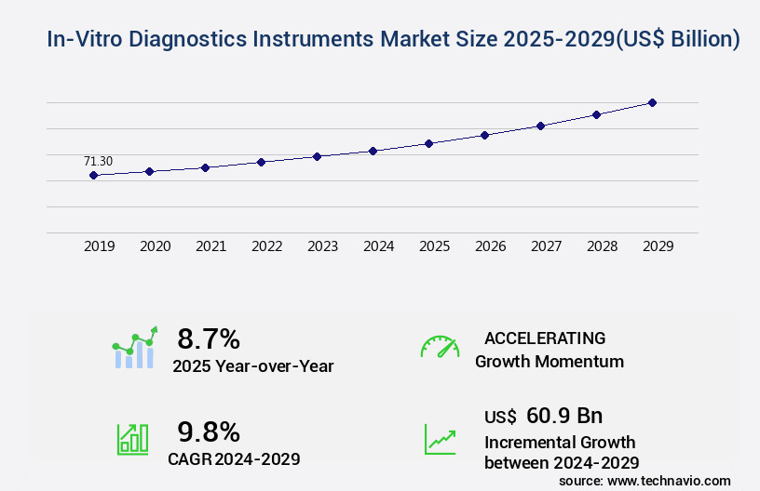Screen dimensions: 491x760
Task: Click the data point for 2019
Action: (93, 175)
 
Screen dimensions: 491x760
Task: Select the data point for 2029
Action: (652, 102)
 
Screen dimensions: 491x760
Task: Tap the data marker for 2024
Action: (373, 151)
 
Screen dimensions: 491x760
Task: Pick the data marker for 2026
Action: (484, 135)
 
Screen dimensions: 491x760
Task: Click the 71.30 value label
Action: (98, 161)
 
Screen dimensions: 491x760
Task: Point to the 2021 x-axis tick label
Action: (210, 246)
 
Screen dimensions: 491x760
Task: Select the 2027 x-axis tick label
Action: (546, 246)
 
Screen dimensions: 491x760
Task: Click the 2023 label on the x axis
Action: (322, 246)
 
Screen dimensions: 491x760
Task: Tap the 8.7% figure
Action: (209, 338)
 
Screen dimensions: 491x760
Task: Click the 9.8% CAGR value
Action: (209, 431)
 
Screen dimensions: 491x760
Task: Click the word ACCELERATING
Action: (545, 338)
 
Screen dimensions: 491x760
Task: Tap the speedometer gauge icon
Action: (440, 347)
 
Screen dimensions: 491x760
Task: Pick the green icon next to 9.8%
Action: (132, 438)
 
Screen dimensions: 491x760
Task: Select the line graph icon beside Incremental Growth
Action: (440, 438)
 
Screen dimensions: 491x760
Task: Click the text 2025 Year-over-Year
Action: (252, 366)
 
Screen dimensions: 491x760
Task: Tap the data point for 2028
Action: (596, 114)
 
